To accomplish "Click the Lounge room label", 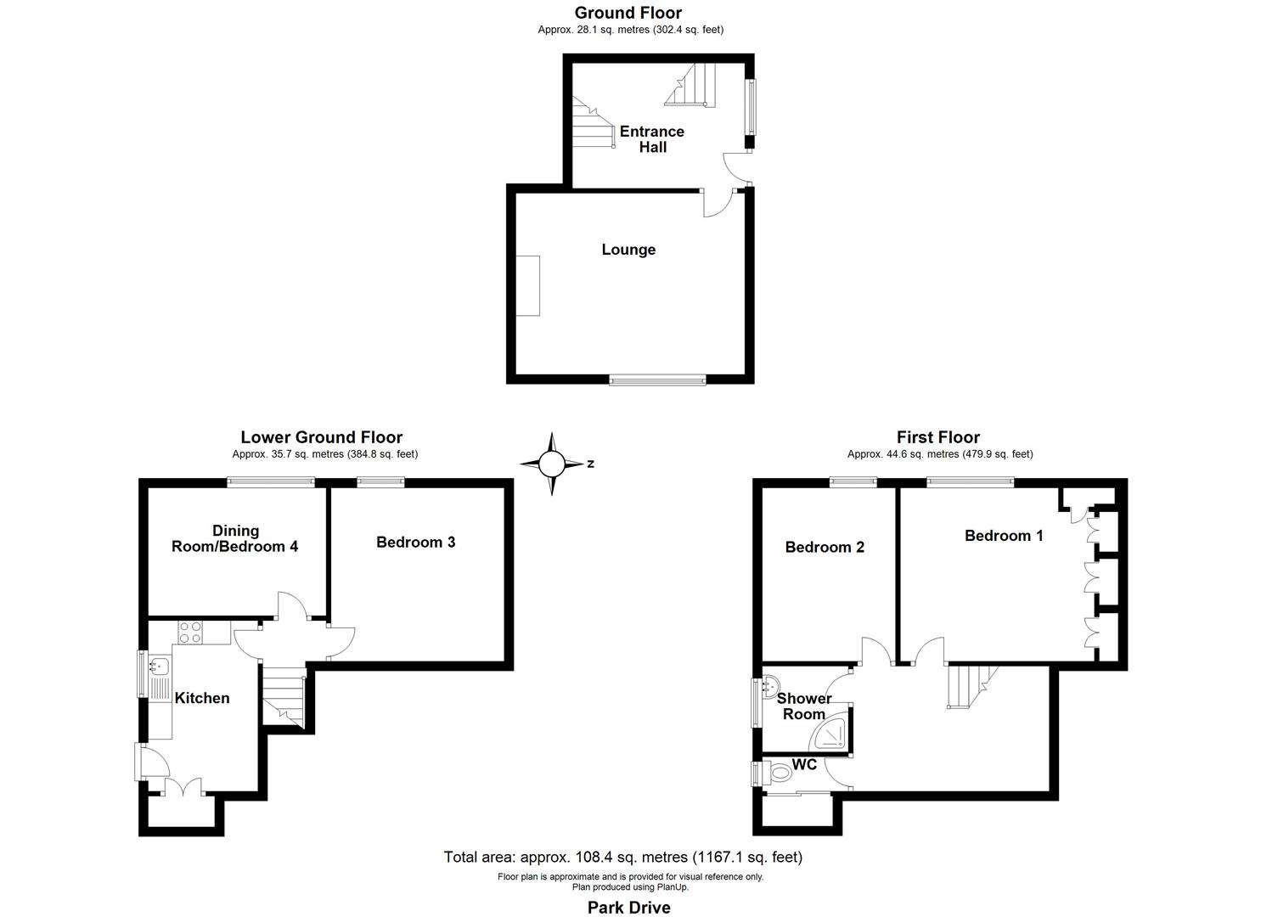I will [628, 250].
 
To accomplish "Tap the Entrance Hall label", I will [651, 139].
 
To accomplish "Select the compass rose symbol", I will [552, 464].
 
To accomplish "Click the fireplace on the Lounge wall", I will [528, 285].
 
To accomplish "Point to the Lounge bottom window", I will [657, 380].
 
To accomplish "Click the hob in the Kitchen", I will [190, 633].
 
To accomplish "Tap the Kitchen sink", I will [159, 666].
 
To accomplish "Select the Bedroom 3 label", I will [415, 542].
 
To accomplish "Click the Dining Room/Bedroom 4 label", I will [235, 539].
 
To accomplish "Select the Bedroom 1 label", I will [1004, 536].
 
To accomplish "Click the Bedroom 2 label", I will [825, 548].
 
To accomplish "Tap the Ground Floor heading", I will [628, 13].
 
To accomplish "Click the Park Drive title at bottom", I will [628, 908].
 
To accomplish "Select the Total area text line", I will [622, 857].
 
